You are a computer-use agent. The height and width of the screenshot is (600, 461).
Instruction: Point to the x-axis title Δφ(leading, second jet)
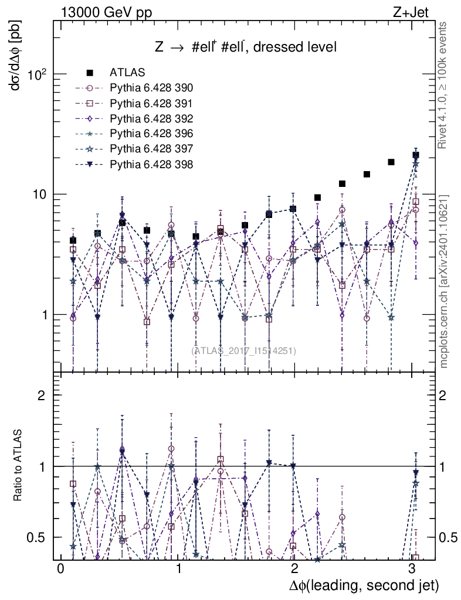click(x=364, y=585)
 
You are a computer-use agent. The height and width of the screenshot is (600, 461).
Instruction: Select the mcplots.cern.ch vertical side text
click(x=444, y=281)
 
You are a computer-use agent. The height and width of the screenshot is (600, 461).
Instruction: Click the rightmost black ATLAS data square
click(x=415, y=155)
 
